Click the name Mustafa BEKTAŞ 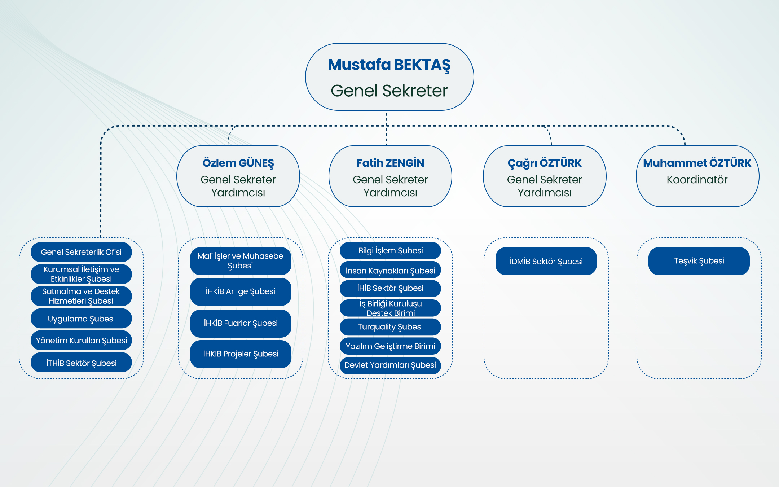(x=389, y=65)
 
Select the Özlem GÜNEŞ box (x=238, y=176)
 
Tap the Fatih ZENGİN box (x=390, y=176)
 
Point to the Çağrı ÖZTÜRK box (x=545, y=176)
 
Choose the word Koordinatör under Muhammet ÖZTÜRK (x=697, y=180)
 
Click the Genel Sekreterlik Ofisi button (x=81, y=252)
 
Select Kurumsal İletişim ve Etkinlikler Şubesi (x=81, y=274)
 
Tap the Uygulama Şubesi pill (x=81, y=319)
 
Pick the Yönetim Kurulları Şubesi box (x=81, y=340)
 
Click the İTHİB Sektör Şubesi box (x=81, y=363)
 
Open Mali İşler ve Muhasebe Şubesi (x=241, y=261)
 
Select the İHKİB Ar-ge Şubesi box (x=241, y=291)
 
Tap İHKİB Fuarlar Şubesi (x=241, y=323)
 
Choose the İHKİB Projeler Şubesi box (x=241, y=354)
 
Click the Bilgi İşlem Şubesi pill (x=390, y=250)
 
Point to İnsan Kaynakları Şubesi (x=390, y=270)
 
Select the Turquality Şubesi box (x=390, y=327)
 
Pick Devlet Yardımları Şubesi (x=390, y=365)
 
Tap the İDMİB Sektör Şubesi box (x=546, y=261)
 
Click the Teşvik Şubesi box (x=699, y=261)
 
